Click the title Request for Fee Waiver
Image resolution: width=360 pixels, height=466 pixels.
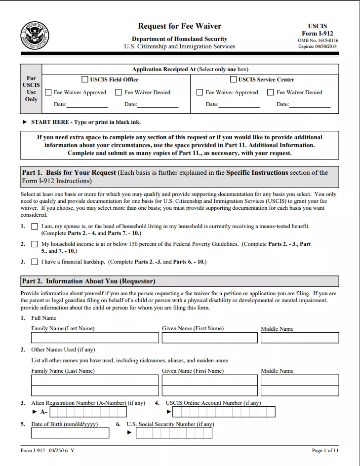(179, 26)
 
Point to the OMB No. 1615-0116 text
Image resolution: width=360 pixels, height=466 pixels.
(318, 40)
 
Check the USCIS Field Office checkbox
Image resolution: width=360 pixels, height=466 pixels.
(84, 79)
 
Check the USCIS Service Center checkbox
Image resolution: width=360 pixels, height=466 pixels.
(233, 79)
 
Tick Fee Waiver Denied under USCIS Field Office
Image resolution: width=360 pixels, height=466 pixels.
(119, 92)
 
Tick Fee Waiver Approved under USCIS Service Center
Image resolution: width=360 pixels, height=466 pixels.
(200, 92)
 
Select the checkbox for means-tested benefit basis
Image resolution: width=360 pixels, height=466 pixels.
(35, 227)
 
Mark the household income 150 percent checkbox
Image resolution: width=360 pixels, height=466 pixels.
(35, 244)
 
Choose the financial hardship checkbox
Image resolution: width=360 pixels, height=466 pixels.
(35, 262)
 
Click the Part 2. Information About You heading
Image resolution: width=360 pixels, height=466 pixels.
(88, 281)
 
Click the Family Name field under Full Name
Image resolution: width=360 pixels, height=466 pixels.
(95, 338)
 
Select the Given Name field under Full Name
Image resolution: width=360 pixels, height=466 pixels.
(209, 338)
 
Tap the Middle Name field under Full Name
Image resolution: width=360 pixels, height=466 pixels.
(300, 338)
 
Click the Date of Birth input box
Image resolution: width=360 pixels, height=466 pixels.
(70, 433)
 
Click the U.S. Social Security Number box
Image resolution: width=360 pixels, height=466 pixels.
(174, 433)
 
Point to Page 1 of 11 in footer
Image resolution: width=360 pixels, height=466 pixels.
(325, 451)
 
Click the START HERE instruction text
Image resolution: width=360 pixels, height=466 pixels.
(85, 122)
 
